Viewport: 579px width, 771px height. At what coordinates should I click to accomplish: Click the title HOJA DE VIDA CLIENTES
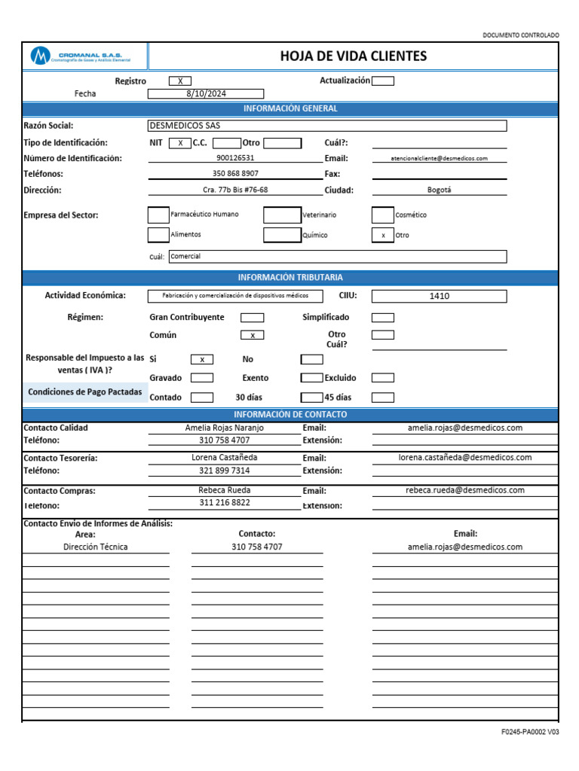pos(353,56)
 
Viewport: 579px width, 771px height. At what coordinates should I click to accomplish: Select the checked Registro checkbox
pos(180,81)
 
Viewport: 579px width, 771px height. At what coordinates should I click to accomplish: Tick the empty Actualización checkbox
pos(383,81)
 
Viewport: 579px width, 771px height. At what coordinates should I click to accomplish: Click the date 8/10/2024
pos(205,93)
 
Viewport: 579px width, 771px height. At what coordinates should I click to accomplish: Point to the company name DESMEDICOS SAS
pos(185,126)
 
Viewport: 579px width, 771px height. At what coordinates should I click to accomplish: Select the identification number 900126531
pos(235,158)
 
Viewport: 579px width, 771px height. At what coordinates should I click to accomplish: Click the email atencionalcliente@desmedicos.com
pos(440,158)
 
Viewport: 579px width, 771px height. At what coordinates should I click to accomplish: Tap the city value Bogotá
pos(440,190)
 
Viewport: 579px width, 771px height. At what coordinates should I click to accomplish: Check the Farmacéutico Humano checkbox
pos(158,215)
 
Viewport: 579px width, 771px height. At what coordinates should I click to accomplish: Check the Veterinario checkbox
pos(282,215)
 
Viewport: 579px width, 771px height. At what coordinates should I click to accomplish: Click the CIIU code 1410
pos(439,296)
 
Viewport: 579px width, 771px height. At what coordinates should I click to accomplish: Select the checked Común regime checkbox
pos(252,335)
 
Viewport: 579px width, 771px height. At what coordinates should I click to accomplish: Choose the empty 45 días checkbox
pos(383,398)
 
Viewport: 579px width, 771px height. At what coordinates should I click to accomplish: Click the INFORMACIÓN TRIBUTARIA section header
pos(290,277)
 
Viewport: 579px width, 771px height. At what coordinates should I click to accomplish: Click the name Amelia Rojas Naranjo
pos(225,428)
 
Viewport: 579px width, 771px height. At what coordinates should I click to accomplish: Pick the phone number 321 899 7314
pos(225,471)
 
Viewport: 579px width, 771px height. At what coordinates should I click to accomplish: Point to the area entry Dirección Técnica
pos(96,547)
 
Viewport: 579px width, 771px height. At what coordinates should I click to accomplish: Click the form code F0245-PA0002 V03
pos(530,732)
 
